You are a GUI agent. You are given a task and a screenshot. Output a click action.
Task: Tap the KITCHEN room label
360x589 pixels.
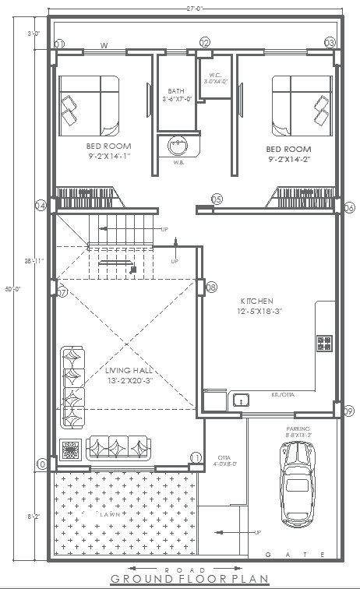pyautogui.click(x=256, y=300)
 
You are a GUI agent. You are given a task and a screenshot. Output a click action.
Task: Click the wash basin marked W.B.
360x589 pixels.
pyautogui.click(x=179, y=145)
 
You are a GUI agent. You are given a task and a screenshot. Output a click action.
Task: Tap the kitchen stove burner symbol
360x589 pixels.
pyautogui.click(x=324, y=343)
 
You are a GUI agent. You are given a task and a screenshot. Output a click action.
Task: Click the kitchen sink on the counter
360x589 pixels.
pyautogui.click(x=241, y=400)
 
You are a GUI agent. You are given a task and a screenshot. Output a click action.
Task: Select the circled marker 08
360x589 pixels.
pyautogui.click(x=210, y=288)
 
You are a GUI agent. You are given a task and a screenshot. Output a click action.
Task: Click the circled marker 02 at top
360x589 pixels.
pyautogui.click(x=205, y=42)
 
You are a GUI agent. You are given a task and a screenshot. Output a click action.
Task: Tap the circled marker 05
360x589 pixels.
pyautogui.click(x=217, y=199)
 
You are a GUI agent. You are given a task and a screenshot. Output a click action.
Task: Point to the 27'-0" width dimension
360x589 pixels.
pyautogui.click(x=195, y=9)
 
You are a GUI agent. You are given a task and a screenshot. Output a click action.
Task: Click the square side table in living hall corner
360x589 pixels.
pyautogui.click(x=70, y=450)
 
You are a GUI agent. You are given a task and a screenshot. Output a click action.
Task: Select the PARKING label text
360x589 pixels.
pyautogui.click(x=298, y=428)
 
